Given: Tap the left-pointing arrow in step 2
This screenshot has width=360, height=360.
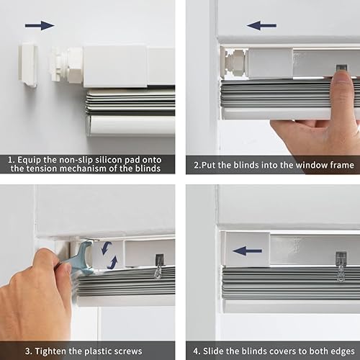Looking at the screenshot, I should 262,25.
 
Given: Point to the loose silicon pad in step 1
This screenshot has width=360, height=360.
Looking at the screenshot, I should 28,63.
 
